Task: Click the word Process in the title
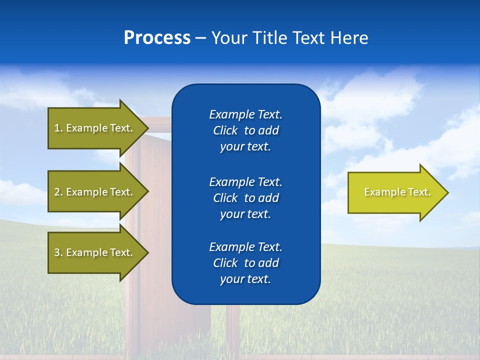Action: [157, 37]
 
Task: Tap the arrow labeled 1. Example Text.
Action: [95, 128]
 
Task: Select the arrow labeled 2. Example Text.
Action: [95, 192]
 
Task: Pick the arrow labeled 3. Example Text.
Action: [95, 252]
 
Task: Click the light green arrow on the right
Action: [395, 192]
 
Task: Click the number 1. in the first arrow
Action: [58, 128]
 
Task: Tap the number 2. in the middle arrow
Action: [58, 192]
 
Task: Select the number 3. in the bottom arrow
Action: [58, 252]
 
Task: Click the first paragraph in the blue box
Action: [245, 130]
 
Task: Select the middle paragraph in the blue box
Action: [245, 197]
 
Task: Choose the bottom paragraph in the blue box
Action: [245, 263]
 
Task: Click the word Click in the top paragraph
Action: [225, 130]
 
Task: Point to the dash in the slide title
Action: [200, 38]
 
